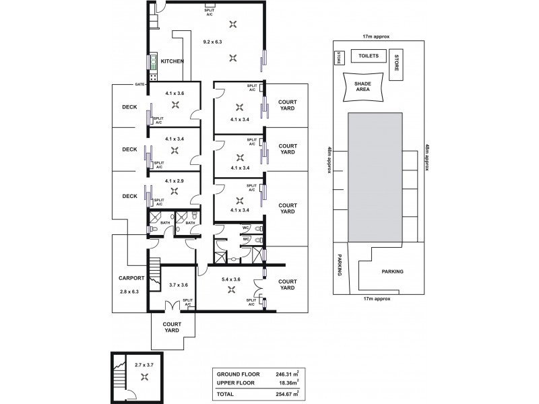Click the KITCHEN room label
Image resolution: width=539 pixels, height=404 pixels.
pos(172,61)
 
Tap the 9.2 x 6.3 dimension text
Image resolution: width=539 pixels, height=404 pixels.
pos(213,42)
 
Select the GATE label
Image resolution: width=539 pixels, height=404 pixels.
pos(140,84)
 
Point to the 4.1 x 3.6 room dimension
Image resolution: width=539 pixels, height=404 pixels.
pos(174,93)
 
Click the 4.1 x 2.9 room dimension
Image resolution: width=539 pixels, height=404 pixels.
pos(174,180)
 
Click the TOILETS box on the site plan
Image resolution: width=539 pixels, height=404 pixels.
pos(369,57)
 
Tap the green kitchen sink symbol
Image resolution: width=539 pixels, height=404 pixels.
pos(153,62)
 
